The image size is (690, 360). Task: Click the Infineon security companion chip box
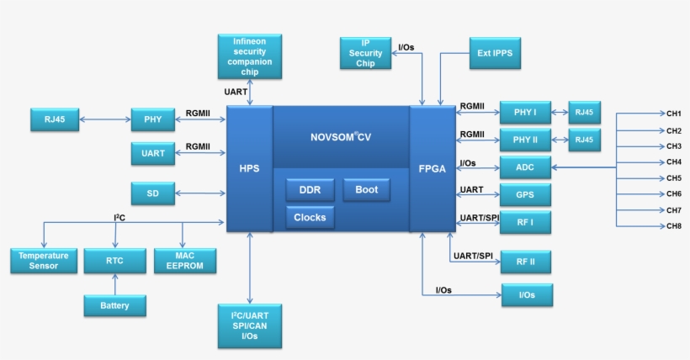point(249,56)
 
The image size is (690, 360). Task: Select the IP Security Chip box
point(365,52)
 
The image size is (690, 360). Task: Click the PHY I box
point(525,111)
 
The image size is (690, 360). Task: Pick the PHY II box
point(525,139)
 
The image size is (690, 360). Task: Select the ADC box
point(525,167)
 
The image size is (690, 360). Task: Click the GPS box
point(525,195)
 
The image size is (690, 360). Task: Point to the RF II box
point(525,262)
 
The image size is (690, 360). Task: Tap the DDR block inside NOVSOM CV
point(310,190)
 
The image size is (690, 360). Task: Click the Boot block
point(366,190)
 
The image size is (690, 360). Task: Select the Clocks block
point(310,218)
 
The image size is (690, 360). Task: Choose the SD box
point(153,193)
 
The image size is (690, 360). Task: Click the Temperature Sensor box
point(38,261)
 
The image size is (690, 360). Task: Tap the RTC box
point(114,261)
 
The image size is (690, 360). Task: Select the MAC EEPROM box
point(185,261)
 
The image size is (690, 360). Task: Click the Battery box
point(114,305)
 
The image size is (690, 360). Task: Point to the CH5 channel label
point(674,178)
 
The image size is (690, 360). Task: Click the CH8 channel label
point(674,226)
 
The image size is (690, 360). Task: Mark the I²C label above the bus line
point(120,217)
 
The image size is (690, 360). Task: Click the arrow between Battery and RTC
point(114,284)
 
